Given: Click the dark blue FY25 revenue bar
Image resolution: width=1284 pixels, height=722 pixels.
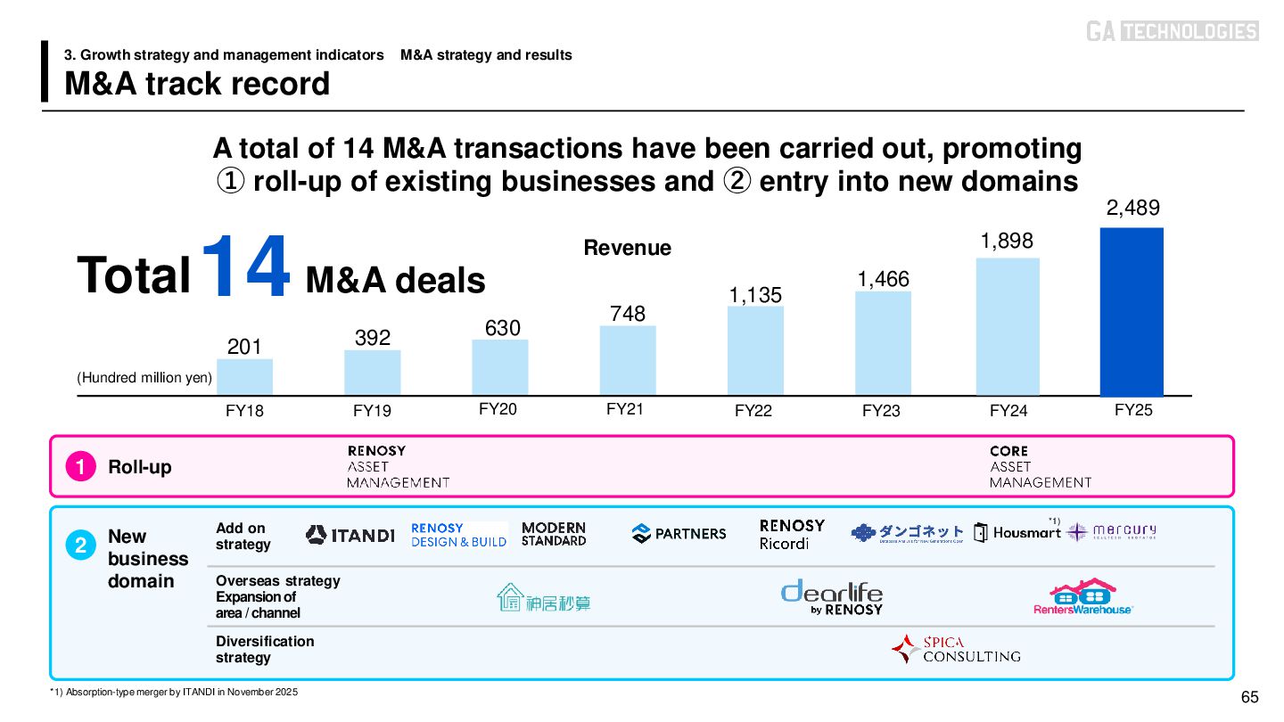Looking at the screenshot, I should [1132, 312].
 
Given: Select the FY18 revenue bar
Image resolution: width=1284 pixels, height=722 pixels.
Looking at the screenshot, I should [245, 377].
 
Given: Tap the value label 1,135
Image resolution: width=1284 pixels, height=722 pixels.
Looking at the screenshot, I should [755, 295].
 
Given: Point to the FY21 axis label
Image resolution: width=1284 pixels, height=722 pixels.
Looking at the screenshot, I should [625, 409].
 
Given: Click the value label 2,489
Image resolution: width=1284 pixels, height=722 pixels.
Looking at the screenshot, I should [1132, 209].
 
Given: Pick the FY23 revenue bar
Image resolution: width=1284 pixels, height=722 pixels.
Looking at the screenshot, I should [883, 343].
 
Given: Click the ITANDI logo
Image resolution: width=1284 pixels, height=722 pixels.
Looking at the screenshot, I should [350, 535].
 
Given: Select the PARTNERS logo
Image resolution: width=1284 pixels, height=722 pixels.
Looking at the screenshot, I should [679, 534].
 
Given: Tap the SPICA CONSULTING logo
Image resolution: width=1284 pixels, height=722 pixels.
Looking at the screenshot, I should [956, 649].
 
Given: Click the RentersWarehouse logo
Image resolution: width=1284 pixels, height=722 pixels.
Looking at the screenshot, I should [1082, 596].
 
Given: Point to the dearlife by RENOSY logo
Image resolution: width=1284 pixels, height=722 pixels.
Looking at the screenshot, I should [831, 596].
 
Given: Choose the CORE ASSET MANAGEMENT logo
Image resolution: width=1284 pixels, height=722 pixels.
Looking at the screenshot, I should [1040, 466].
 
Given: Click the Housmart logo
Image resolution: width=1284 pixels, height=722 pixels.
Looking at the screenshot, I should [1017, 533].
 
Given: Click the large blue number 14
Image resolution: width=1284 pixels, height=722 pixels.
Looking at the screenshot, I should [246, 267].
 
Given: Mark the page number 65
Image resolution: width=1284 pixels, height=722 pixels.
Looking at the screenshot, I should [1249, 696].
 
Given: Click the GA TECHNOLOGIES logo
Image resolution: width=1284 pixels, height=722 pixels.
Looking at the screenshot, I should [1172, 31].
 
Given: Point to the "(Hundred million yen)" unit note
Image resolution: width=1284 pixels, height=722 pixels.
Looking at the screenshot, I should [144, 378].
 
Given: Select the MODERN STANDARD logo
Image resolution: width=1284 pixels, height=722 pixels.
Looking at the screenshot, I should [554, 534].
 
